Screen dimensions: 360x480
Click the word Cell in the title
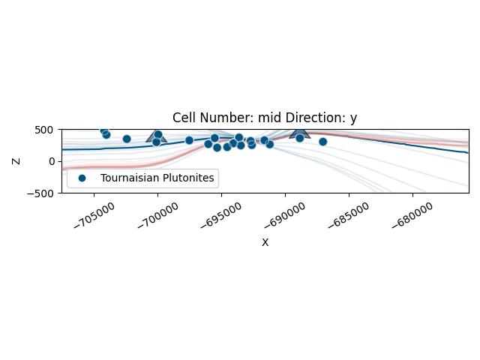point(184,118)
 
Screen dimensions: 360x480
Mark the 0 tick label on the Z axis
point(52,161)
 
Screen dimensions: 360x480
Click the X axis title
point(265,242)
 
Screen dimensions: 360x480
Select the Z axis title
point(16,161)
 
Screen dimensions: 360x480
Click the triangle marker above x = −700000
point(156,136)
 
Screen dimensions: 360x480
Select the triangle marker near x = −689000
point(300,132)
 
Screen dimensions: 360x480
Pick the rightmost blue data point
point(322,142)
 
